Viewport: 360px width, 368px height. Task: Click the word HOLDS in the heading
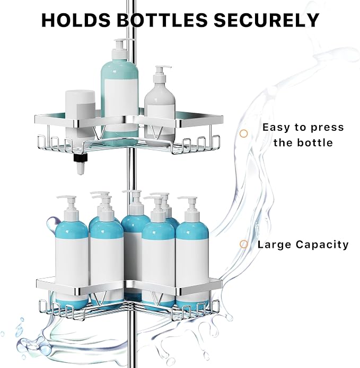(x=76, y=20)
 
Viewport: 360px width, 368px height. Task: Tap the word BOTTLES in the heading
(x=162, y=20)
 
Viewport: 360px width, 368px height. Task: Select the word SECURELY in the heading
(x=267, y=20)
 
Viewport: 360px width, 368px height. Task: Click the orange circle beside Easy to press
(x=244, y=133)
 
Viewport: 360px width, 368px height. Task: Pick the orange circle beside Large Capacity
(x=244, y=244)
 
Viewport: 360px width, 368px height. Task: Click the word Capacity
(x=322, y=245)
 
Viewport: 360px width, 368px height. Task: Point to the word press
(x=327, y=128)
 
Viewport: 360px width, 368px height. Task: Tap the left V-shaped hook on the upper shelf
(x=99, y=132)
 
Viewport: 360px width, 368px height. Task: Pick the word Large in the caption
(x=274, y=244)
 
